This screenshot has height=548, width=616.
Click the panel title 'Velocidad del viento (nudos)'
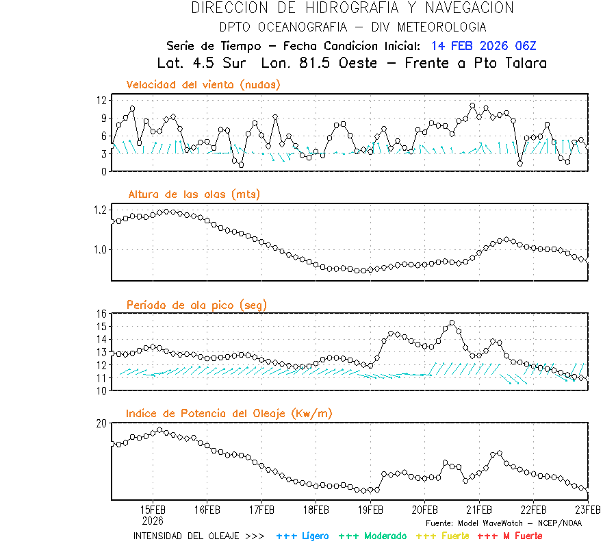tap(203, 85)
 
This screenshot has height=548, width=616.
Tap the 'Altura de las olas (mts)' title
tap(194, 195)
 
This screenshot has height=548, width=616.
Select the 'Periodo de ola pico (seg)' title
tap(196, 305)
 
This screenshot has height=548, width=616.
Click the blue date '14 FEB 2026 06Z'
tap(484, 47)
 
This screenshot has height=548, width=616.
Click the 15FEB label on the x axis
tap(153, 510)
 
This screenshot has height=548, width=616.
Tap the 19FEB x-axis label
tap(370, 510)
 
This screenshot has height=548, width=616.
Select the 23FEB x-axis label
tap(587, 510)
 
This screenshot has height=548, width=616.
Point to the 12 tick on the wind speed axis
tap(101, 100)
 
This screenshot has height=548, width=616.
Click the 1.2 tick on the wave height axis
tap(99, 210)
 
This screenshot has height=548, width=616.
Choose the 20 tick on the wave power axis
tap(101, 423)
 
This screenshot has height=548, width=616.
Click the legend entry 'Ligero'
tap(303, 536)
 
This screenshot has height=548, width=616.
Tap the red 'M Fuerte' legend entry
tap(511, 536)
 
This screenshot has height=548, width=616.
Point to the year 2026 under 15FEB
tap(153, 521)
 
